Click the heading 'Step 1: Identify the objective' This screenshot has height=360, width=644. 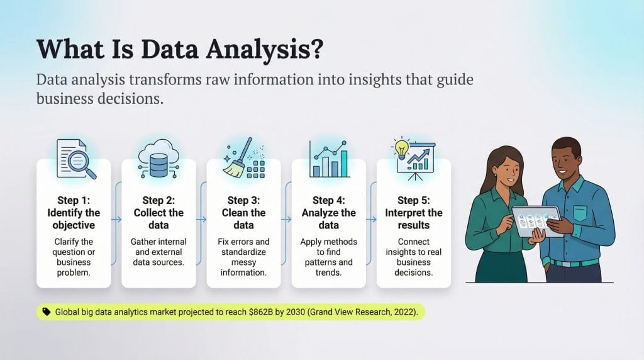[74, 213]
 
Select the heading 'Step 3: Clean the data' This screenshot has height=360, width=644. [243, 213]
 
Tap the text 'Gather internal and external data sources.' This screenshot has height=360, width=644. [158, 252]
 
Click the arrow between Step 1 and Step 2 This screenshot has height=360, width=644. [116, 220]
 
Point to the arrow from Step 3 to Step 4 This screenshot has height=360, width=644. [287, 220]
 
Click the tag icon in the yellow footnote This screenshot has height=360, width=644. [46, 312]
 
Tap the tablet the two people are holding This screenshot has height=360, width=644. [535, 220]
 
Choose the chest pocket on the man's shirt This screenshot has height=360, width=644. [579, 212]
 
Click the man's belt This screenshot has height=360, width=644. [574, 262]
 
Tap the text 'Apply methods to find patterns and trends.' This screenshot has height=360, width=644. [328, 257]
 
